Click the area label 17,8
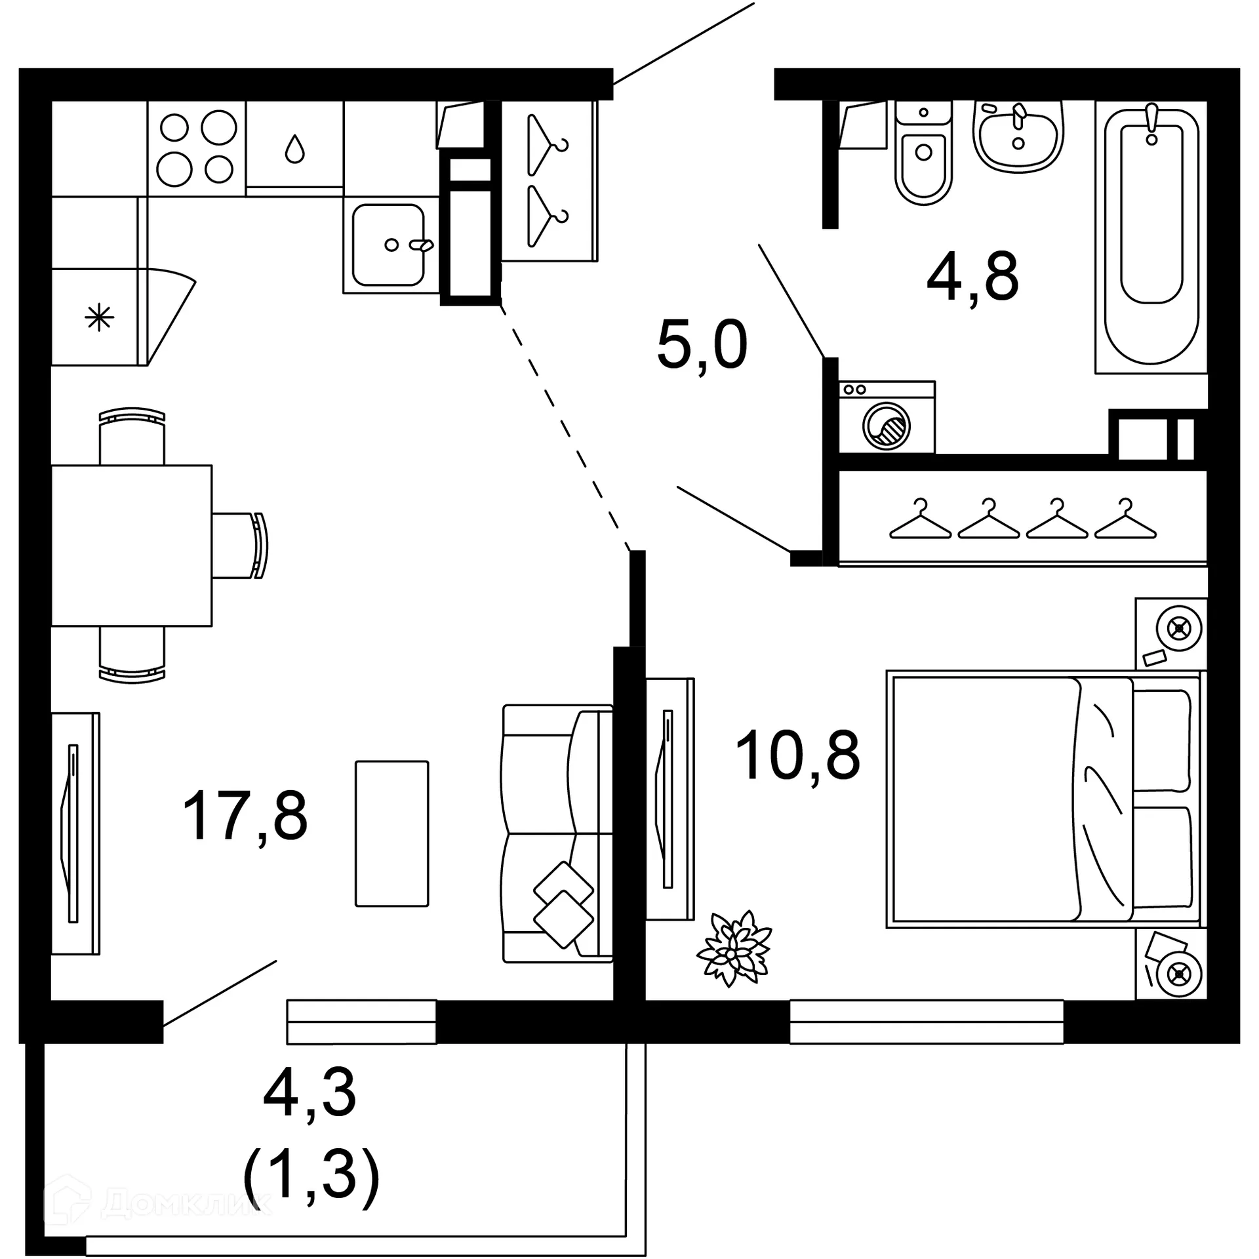[x=245, y=816]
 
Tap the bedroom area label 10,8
[x=797, y=756]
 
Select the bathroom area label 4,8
[x=972, y=277]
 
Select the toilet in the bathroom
[x=923, y=157]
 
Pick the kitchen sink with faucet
[x=388, y=245]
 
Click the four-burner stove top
[x=197, y=148]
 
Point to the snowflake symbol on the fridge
[x=99, y=319]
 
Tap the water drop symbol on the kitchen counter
[x=294, y=149]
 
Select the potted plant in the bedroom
[x=734, y=949]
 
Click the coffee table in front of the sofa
[x=391, y=833]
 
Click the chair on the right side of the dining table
[x=240, y=546]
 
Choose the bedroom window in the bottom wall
[x=926, y=1021]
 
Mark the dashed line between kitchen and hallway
[x=564, y=426]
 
